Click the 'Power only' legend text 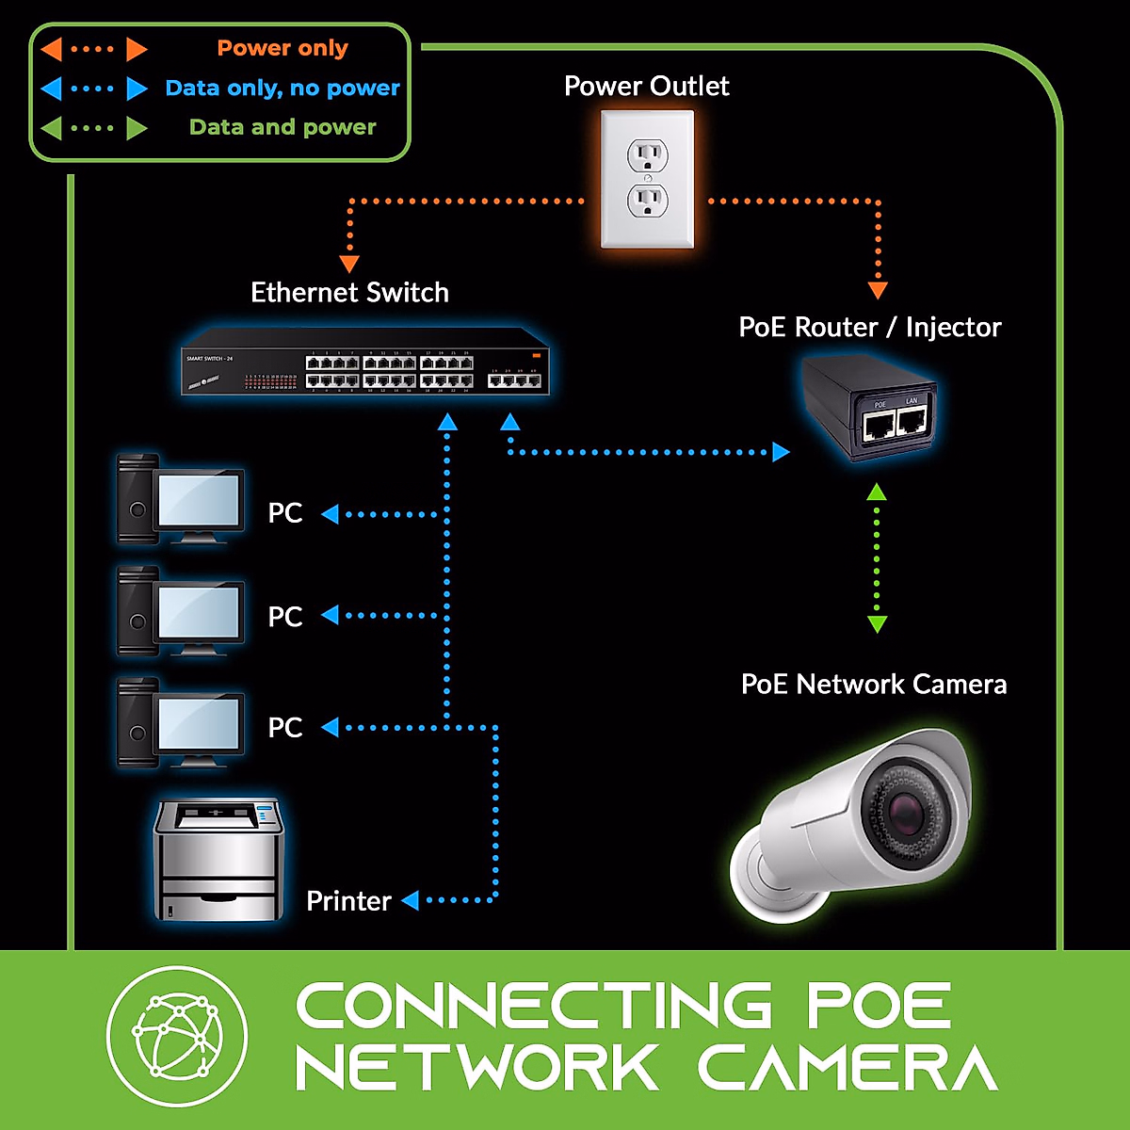(x=282, y=48)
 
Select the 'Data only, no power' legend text (x=282, y=88)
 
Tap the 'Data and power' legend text (x=282, y=127)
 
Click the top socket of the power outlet (x=647, y=154)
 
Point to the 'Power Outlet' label (x=646, y=86)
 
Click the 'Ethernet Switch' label (x=349, y=293)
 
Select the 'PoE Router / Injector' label (x=869, y=327)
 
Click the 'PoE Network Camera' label (x=874, y=684)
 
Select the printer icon (x=218, y=860)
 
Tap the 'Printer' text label (x=348, y=901)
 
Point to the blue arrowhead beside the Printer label (x=410, y=901)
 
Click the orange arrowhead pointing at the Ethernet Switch (x=349, y=264)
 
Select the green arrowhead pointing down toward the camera (x=877, y=624)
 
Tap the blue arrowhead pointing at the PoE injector (x=781, y=452)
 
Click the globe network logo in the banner (x=177, y=1036)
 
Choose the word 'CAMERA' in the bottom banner (x=847, y=1068)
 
